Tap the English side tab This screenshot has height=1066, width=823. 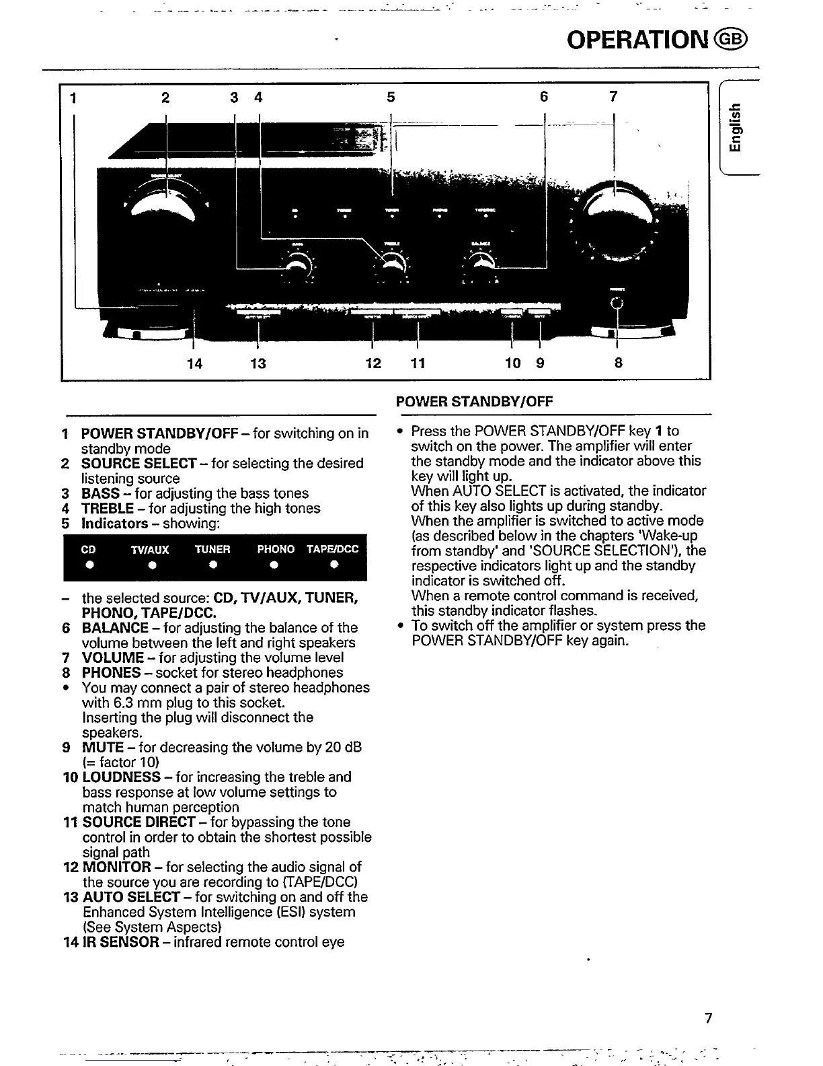[x=738, y=130]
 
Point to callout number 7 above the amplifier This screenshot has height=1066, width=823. [x=613, y=97]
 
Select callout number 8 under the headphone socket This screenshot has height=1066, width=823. [x=618, y=363]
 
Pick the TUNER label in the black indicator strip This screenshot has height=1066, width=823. [x=212, y=549]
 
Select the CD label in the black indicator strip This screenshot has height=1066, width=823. [x=88, y=549]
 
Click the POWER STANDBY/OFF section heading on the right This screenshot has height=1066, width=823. [x=474, y=402]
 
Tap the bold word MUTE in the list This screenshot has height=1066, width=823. [x=102, y=748]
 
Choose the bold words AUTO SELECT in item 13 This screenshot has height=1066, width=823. [x=131, y=897]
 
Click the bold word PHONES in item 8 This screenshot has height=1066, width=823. [x=111, y=673]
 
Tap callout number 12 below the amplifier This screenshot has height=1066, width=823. [x=373, y=363]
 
